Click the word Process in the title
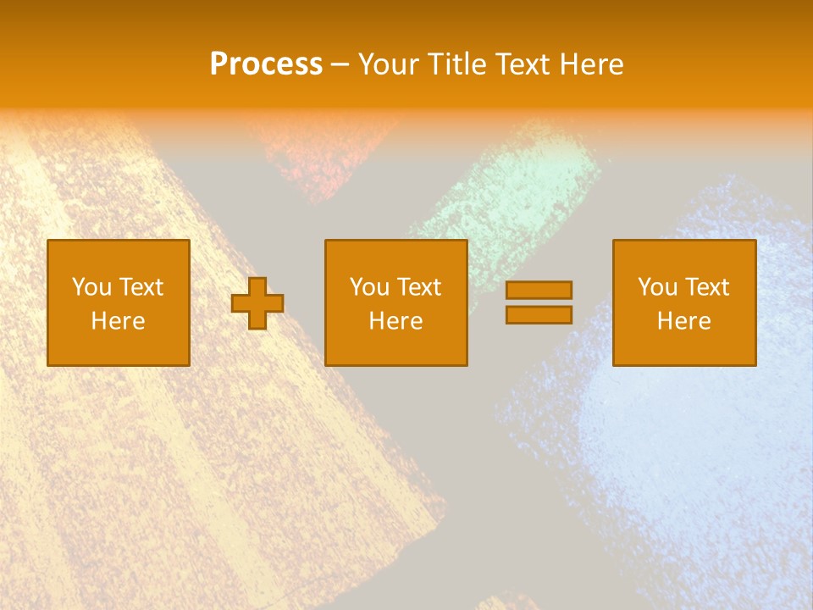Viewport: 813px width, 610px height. click(x=266, y=64)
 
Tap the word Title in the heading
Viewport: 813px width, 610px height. click(x=456, y=64)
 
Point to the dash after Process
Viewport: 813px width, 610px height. click(x=340, y=65)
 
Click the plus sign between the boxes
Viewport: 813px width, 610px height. click(x=257, y=303)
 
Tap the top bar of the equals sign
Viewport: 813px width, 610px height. click(x=539, y=290)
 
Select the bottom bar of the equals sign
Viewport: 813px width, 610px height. click(x=539, y=314)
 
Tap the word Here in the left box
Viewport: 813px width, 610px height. click(x=118, y=321)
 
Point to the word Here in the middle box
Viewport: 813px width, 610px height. click(x=395, y=321)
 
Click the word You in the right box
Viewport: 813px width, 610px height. click(x=656, y=287)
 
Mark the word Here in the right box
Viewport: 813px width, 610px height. click(x=683, y=321)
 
